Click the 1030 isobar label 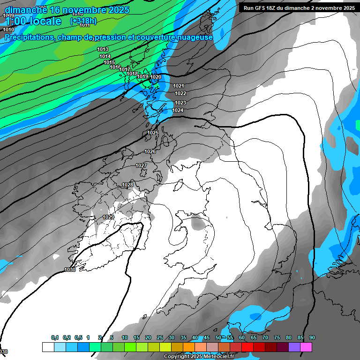coord(70,270)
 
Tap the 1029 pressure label coord(108,217)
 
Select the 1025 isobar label coord(153,133)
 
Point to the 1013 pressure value coord(103,50)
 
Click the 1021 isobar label coord(179,86)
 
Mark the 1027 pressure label coord(141,165)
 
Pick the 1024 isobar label coord(178,110)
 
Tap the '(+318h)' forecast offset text coord(83,21)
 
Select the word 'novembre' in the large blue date coord(84,10)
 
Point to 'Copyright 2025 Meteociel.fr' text coord(199,357)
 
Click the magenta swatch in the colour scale coord(306,347)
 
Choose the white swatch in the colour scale coord(48,347)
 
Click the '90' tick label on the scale coord(312,338)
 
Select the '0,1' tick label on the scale coord(55,338)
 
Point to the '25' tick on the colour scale coord(159,338)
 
